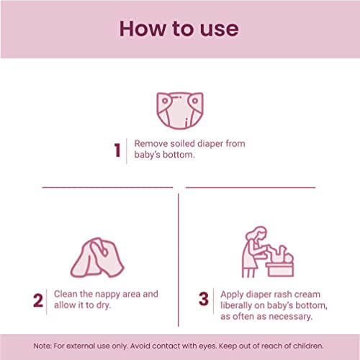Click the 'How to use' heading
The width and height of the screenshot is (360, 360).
point(179,29)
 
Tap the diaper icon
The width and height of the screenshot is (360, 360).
point(180,110)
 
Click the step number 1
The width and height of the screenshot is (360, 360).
point(117,150)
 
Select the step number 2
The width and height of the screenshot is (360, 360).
point(38,300)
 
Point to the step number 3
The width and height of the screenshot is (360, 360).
point(204,299)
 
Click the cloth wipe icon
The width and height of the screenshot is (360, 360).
point(97,257)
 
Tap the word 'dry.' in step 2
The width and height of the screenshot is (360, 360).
point(104,305)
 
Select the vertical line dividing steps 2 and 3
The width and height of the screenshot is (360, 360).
point(179,260)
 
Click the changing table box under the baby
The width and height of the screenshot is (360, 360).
point(279,269)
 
